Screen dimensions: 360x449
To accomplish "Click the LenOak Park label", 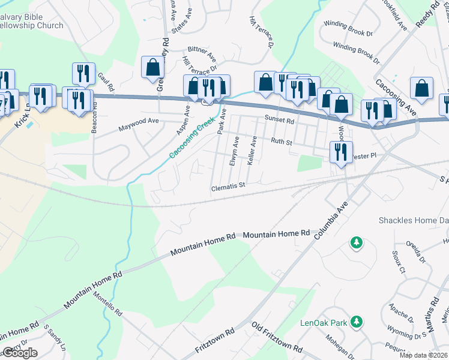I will (324, 323).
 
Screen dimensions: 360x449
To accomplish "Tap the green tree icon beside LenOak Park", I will (357, 322).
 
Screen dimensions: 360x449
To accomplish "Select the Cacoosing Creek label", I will (191, 138).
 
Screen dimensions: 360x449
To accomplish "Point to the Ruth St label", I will (281, 142).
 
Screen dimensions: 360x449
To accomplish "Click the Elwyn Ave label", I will (234, 151).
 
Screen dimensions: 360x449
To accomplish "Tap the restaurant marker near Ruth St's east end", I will (340, 152).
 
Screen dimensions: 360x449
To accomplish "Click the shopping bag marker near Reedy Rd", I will (422, 88).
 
